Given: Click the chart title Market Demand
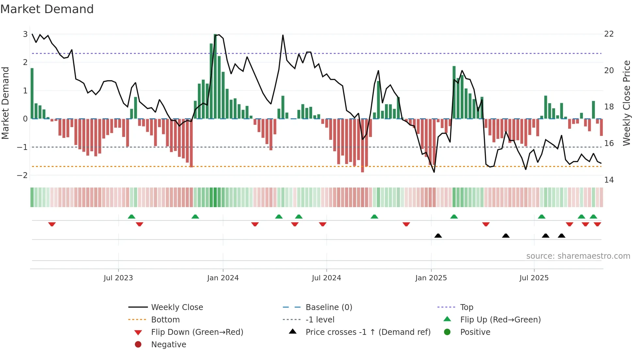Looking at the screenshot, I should coord(47,9).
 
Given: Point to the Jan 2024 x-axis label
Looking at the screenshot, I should coord(223,278).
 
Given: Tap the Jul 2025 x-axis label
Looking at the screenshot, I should coord(534,278).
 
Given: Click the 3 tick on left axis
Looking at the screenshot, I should coord(25,34).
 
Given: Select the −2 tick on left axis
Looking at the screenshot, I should coord(23,175).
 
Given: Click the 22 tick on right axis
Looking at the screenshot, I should coord(609,34).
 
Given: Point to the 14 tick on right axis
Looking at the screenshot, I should coord(609,180).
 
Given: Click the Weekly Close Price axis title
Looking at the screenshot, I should coord(626,103).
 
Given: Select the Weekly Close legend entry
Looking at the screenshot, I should coord(177,307).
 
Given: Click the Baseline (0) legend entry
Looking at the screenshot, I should coord(328,307).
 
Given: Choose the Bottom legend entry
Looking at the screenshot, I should coord(165,320).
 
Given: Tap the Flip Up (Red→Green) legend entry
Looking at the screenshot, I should coord(500,320).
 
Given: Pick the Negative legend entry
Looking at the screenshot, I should coord(168,345).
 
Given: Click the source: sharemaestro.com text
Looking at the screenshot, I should coord(578,256).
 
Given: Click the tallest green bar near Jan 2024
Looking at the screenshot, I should coord(215,76).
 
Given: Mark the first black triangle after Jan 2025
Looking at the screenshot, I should coord(438,236).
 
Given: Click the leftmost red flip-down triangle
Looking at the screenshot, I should coord(52,224).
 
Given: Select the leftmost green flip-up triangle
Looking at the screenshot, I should coord(132,217).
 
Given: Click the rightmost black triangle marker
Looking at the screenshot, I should coord(562,236).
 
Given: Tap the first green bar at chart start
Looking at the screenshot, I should coord(32,93).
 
